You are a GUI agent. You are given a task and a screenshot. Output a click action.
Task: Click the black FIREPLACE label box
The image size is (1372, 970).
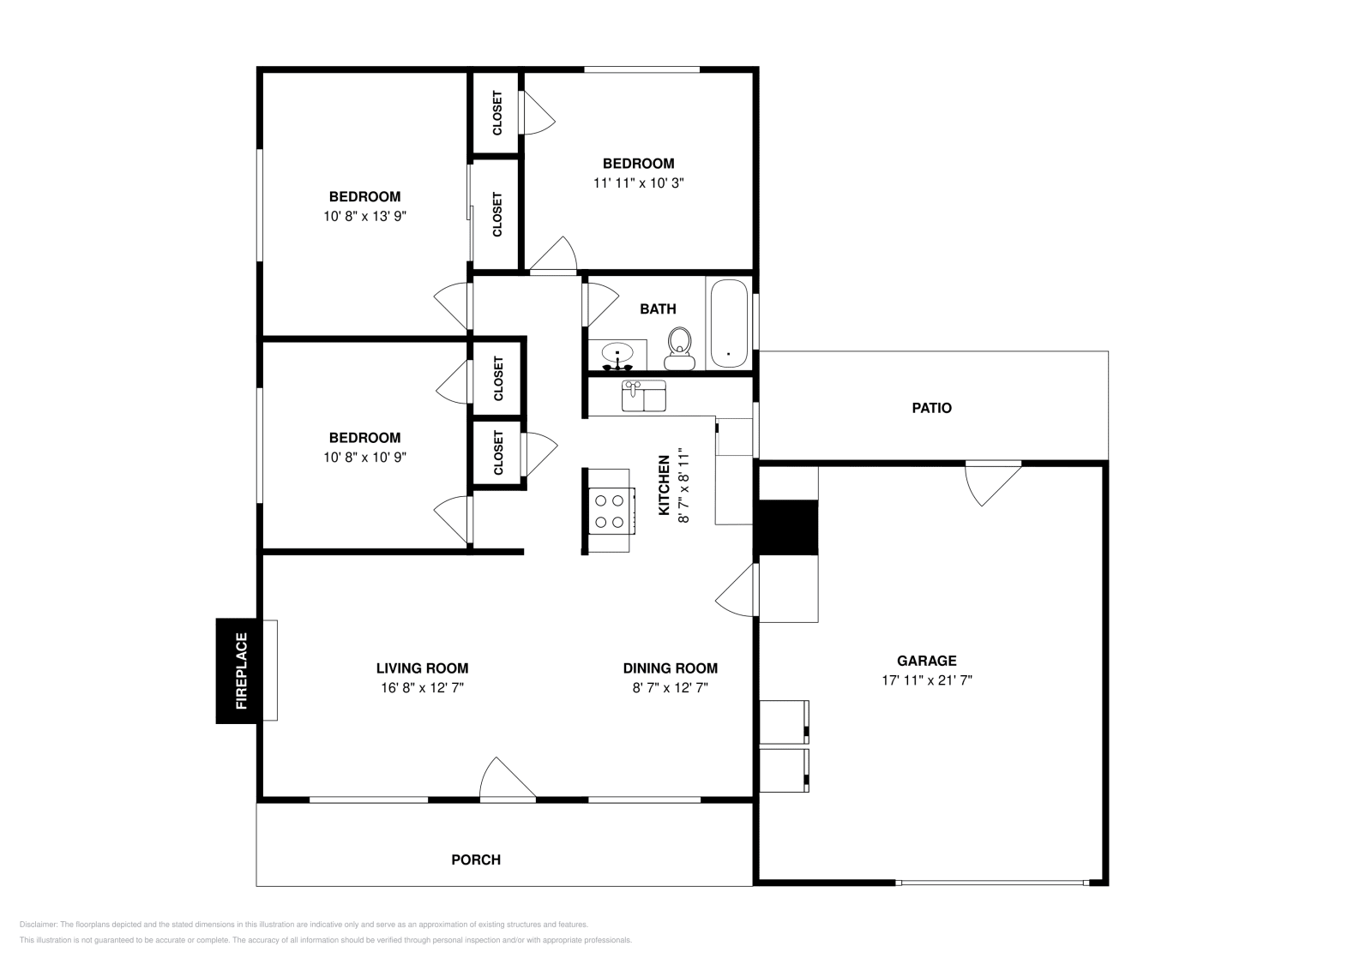[x=236, y=671]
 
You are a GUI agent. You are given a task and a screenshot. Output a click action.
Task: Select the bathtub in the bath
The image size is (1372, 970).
[x=729, y=323]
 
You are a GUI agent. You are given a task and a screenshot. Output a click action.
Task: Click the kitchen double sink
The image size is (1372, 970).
[x=643, y=397]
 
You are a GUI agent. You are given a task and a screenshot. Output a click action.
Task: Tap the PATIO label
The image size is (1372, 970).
[x=931, y=408]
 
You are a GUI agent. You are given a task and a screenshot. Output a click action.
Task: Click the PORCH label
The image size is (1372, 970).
[x=476, y=859]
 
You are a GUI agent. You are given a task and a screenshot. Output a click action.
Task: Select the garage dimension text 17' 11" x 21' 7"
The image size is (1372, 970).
[x=926, y=680]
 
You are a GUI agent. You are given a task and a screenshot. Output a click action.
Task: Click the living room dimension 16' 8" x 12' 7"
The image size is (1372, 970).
[x=422, y=687]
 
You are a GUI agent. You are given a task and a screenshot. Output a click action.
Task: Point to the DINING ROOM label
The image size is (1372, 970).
[x=670, y=668]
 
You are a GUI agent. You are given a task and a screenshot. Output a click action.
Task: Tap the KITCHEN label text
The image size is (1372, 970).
[x=664, y=485]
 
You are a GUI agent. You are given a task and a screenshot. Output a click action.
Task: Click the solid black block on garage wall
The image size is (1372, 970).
[x=786, y=527]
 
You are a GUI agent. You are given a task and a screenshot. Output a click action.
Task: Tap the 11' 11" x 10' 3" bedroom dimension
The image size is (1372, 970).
[x=638, y=183]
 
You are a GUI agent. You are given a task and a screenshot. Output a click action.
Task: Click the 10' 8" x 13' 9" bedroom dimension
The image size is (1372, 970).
[x=364, y=216]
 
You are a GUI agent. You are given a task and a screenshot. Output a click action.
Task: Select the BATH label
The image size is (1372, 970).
[x=658, y=309]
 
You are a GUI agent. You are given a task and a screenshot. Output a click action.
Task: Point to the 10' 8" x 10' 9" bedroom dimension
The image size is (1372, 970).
[x=364, y=457]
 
